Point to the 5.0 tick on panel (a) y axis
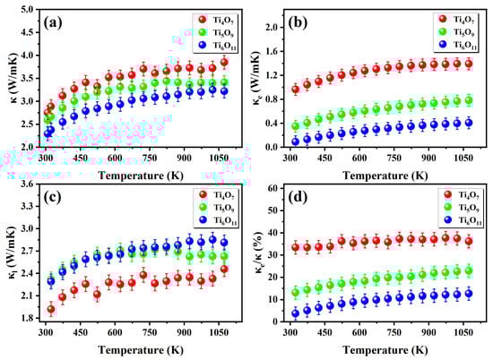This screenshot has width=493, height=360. pyautogui.click(x=27, y=9)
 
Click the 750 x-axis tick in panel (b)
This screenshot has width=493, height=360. pyautogui.click(x=388, y=158)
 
